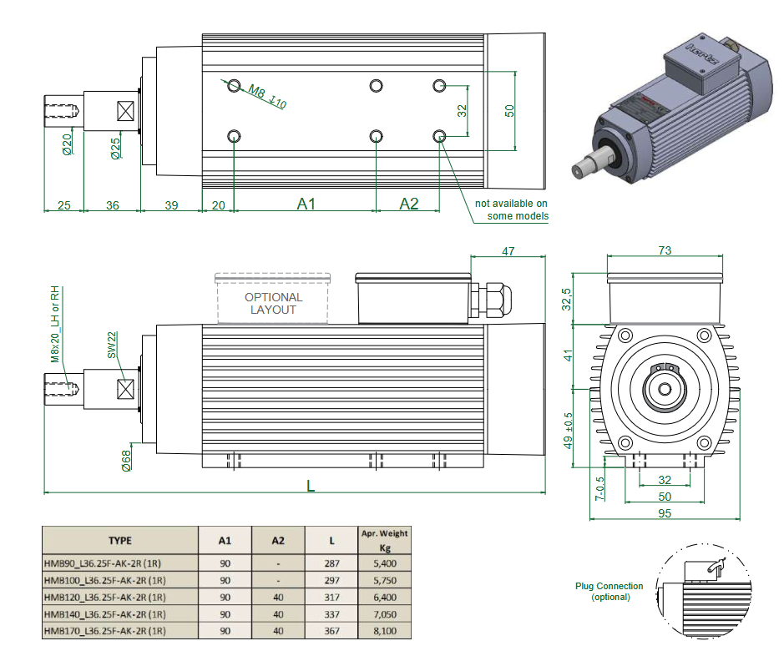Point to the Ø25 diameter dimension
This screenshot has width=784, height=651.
pyautogui.click(x=115, y=148)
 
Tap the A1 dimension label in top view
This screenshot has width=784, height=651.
pyautogui.click(x=306, y=204)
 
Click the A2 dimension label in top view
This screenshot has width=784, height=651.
pyautogui.click(x=408, y=204)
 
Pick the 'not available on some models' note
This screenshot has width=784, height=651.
pyautogui.click(x=512, y=209)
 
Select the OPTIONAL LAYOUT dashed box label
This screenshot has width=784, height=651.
pyautogui.click(x=274, y=303)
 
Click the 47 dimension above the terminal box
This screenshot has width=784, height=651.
pyautogui.click(x=508, y=250)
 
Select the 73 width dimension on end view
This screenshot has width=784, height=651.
pyautogui.click(x=665, y=250)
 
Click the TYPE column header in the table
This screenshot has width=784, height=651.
pyautogui.click(x=119, y=540)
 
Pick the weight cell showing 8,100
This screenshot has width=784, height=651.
pyautogui.click(x=384, y=631)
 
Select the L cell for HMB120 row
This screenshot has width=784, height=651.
pyautogui.click(x=331, y=598)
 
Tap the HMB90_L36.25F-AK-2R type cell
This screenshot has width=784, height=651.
pyautogui.click(x=104, y=563)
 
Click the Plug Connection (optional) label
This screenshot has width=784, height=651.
pyautogui.click(x=609, y=591)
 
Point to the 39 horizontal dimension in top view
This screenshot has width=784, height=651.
pyautogui.click(x=170, y=204)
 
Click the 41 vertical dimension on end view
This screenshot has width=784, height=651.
pyautogui.click(x=569, y=355)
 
